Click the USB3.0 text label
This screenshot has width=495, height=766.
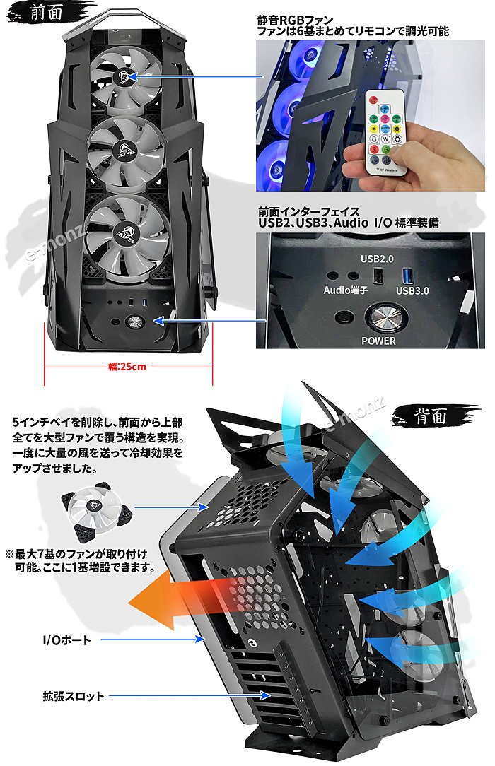[x=413, y=290]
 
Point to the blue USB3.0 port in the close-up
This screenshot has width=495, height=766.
[x=409, y=274]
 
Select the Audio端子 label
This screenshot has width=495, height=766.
[x=346, y=290]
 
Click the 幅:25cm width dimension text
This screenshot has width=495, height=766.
[x=128, y=367]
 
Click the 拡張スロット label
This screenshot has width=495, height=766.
[x=73, y=696]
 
